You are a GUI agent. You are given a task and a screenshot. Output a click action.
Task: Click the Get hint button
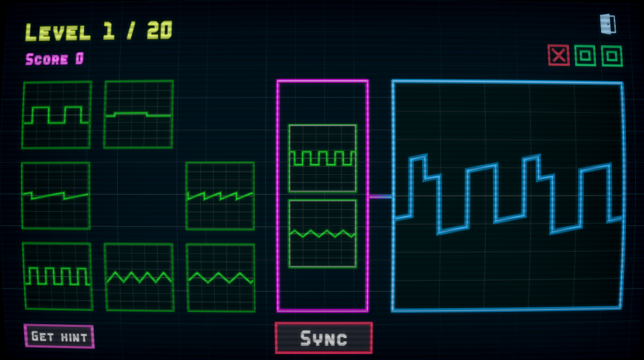[x=59, y=336]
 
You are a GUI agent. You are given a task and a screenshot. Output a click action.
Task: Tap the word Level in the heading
[x=58, y=32]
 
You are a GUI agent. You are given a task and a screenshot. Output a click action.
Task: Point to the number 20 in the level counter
[x=159, y=31]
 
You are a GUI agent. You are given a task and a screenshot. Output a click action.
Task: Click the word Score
[x=47, y=59]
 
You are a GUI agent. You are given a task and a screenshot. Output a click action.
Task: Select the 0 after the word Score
[x=79, y=59]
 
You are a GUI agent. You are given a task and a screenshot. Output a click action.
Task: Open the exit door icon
[x=608, y=24]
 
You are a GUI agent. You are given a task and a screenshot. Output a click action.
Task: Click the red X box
[x=558, y=55]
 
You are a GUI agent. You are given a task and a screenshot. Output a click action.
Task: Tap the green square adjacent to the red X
[x=585, y=56]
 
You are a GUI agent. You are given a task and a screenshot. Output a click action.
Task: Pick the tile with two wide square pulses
[x=57, y=115]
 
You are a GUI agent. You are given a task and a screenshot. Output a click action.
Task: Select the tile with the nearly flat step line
[x=138, y=114]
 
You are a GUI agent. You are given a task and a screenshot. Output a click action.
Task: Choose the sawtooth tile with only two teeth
[x=55, y=195]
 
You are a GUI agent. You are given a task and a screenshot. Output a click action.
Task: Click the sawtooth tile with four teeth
[x=220, y=195]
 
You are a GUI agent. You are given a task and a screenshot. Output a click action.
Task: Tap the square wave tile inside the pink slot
[x=322, y=158]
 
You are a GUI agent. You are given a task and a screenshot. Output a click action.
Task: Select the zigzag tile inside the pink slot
[x=322, y=234]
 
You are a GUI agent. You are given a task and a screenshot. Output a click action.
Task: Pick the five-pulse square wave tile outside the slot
[x=57, y=276]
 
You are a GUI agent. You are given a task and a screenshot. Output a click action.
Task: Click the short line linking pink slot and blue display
[x=380, y=196]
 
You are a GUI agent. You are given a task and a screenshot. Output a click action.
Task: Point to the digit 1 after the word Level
[x=108, y=31]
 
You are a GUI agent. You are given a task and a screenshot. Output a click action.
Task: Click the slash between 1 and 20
[x=130, y=31]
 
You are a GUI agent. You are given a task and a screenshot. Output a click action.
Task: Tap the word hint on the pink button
[x=74, y=337]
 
